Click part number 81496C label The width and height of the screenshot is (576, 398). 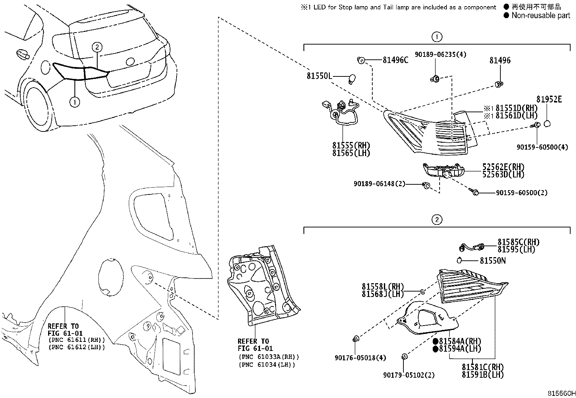(x=395, y=60)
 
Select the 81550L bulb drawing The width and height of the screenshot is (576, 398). (x=352, y=77)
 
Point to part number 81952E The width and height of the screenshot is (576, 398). (x=549, y=100)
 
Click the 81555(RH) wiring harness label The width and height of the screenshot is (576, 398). (x=351, y=146)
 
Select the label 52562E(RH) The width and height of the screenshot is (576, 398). (x=503, y=167)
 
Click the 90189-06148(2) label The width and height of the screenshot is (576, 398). (x=379, y=184)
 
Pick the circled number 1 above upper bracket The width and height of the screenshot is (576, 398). (x=437, y=37)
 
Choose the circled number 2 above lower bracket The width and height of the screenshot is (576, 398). (x=437, y=219)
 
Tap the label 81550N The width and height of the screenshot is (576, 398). (x=493, y=260)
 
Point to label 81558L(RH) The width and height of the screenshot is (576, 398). (x=383, y=286)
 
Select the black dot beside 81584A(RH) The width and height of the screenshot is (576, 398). (x=436, y=341)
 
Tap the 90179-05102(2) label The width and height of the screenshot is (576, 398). (x=409, y=375)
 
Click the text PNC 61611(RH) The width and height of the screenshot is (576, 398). (x=76, y=340)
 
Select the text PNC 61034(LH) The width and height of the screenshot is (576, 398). (x=267, y=364)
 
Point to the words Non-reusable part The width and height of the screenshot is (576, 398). (x=541, y=15)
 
